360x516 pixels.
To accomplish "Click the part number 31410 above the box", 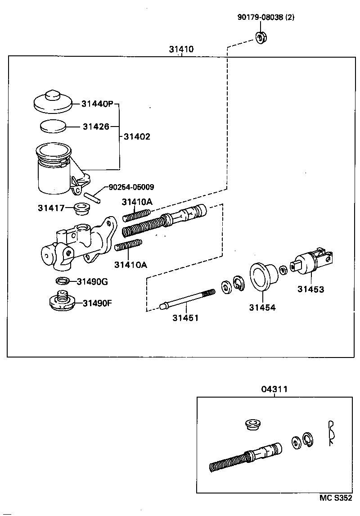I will point(181,49).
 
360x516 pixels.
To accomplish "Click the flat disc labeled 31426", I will point(53,126).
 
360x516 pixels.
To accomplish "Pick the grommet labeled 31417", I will point(81,208).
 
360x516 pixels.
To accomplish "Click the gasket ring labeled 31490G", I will point(63,281).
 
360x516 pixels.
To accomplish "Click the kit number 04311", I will point(274,389).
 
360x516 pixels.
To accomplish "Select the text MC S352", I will point(335,498).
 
